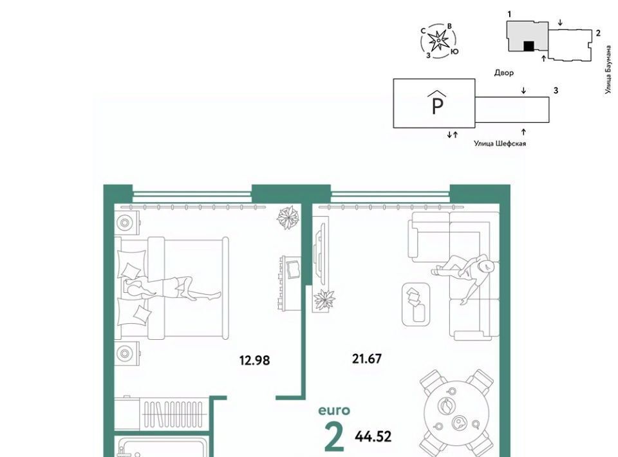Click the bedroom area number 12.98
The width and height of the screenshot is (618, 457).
pyautogui.click(x=255, y=360)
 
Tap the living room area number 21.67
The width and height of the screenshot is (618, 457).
pyautogui.click(x=366, y=359)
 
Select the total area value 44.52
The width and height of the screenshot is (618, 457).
pyautogui.click(x=373, y=436)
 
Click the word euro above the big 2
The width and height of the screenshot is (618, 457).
pyautogui.click(x=334, y=411)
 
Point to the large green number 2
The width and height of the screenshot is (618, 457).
pyautogui.click(x=334, y=436)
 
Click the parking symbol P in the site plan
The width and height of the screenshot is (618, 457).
pyautogui.click(x=438, y=103)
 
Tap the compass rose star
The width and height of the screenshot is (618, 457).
pyautogui.click(x=438, y=40)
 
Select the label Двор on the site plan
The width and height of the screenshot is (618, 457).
pyautogui.click(x=504, y=73)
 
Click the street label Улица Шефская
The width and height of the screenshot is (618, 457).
pyautogui.click(x=500, y=144)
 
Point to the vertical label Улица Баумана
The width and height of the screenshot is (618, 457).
pyautogui.click(x=608, y=70)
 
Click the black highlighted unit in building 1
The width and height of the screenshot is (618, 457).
pyautogui.click(x=528, y=46)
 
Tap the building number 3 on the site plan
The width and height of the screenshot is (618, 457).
pyautogui.click(x=556, y=90)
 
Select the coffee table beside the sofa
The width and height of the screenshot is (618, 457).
pyautogui.click(x=416, y=304)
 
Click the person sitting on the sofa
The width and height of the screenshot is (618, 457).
pyautogui.click(x=464, y=275)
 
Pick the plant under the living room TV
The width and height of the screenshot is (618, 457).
pyautogui.click(x=324, y=300)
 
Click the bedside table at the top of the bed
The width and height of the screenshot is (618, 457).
pyautogui.click(x=127, y=223)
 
